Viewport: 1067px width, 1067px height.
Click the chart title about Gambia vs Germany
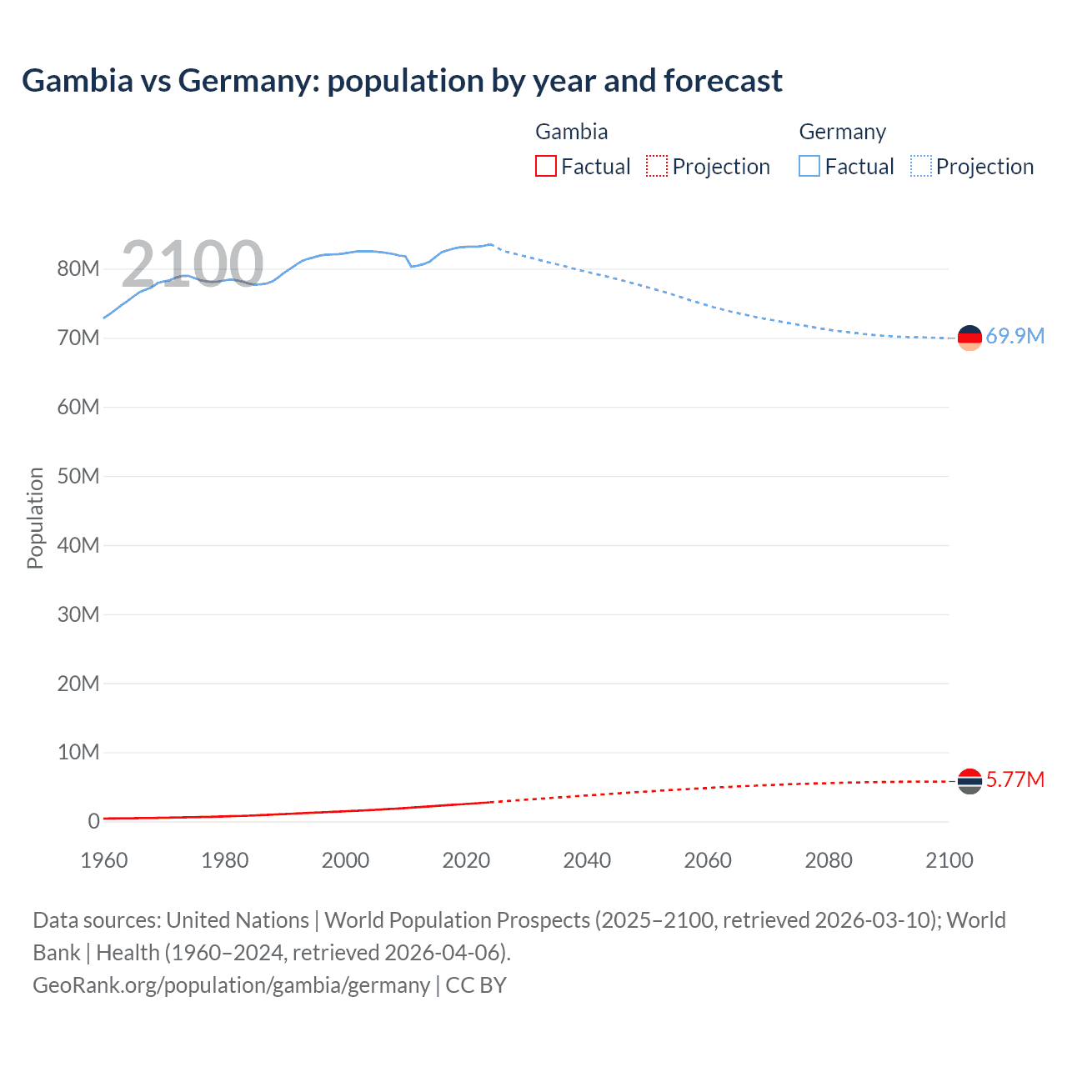click(402, 81)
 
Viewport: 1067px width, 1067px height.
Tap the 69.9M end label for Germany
click(1014, 336)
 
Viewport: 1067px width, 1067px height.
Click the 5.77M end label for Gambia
click(1014, 779)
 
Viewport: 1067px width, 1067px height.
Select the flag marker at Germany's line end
click(969, 338)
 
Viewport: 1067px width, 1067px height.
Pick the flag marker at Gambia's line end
click(969, 781)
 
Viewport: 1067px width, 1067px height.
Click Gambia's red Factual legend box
click(545, 166)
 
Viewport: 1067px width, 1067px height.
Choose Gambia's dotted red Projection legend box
click(657, 166)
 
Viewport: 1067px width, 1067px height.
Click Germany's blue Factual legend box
click(809, 166)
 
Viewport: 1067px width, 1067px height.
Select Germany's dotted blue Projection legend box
click(920, 166)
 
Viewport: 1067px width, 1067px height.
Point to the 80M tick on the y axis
click(78, 268)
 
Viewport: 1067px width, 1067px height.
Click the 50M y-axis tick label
click(78, 476)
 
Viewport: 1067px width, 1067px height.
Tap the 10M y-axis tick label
click(78, 752)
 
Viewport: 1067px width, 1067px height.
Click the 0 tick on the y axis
click(93, 821)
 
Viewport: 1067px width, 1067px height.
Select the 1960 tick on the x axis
click(104, 860)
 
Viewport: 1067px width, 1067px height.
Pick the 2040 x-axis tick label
click(587, 860)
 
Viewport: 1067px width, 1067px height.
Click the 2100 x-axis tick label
click(949, 860)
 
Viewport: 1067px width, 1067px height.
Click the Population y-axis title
click(35, 518)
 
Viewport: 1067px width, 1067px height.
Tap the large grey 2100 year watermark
click(193, 263)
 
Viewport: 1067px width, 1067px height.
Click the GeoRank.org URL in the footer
click(231, 985)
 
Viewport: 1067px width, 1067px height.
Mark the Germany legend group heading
click(842, 132)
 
